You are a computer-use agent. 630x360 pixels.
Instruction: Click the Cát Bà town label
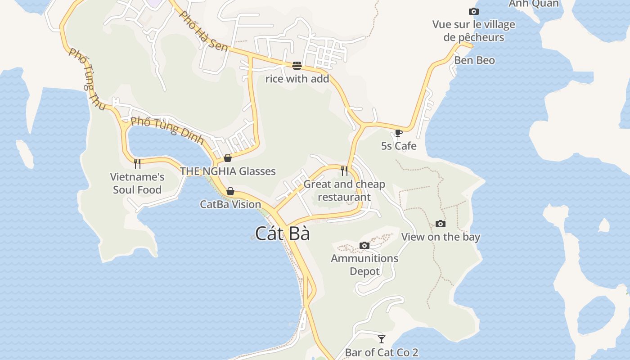[x=283, y=234]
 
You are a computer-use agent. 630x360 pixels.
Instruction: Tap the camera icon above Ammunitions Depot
[x=364, y=245]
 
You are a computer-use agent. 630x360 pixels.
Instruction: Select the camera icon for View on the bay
[x=441, y=224]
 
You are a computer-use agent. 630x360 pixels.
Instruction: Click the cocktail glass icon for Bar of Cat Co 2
[x=382, y=339]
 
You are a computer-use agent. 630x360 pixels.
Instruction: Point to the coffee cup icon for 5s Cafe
[x=398, y=133]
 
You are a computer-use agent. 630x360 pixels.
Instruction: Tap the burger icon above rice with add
[x=297, y=66]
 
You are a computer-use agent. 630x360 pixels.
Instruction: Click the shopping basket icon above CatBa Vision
[x=230, y=191]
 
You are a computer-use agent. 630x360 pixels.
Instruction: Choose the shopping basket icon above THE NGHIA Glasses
[x=228, y=158]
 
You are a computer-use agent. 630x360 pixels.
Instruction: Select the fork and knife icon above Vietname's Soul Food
[x=137, y=163]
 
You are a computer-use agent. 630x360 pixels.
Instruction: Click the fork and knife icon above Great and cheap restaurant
[x=344, y=171]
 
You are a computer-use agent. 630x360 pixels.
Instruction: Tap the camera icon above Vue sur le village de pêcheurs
[x=474, y=11]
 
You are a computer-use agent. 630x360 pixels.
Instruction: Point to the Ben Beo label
[x=474, y=60]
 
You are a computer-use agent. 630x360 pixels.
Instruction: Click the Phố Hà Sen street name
[x=203, y=31]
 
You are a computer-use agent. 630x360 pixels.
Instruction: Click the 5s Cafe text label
[x=399, y=146]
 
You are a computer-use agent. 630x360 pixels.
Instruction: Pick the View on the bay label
[x=441, y=237]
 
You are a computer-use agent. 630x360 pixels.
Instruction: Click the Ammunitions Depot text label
[x=364, y=265]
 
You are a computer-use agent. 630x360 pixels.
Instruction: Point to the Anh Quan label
[x=534, y=4]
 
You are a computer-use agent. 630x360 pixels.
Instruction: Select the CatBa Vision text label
[x=230, y=204]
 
